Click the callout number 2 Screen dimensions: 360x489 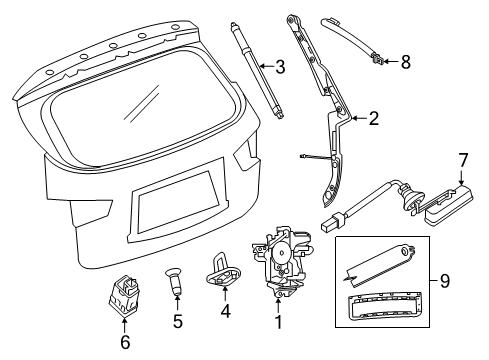point(372,119)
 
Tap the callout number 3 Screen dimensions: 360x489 point(281,68)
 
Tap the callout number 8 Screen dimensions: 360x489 point(405,62)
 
